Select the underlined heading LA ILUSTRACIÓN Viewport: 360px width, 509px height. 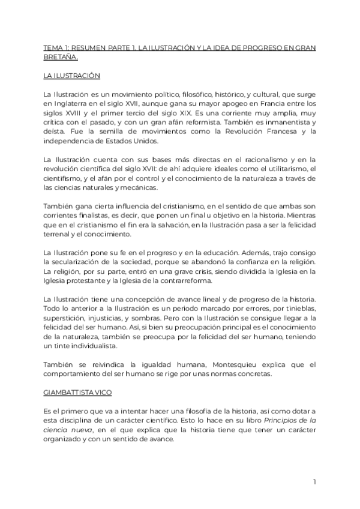tap(71, 76)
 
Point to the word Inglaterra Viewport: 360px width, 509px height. tap(74, 104)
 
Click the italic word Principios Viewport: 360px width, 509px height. tap(283, 420)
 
